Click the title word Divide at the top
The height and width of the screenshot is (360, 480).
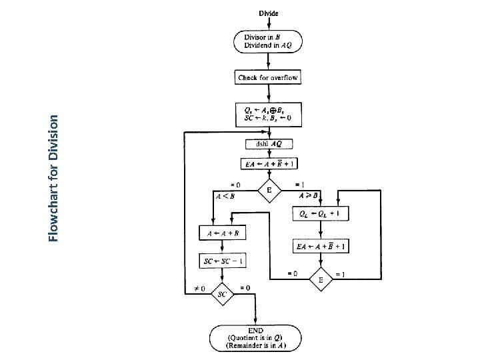268,13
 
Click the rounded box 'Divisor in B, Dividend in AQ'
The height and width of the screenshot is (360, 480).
268,41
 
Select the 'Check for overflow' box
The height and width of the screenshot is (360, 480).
268,78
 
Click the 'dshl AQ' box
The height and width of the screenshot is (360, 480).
269,144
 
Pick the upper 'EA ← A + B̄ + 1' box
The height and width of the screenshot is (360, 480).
269,163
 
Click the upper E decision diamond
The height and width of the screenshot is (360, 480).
269,191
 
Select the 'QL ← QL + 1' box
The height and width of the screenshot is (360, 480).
321,214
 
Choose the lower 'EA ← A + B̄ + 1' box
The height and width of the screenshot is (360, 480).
321,247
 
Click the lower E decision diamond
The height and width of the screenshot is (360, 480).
321,280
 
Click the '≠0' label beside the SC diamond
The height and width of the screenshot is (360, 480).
198,288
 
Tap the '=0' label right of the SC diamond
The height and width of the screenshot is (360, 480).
245,288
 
